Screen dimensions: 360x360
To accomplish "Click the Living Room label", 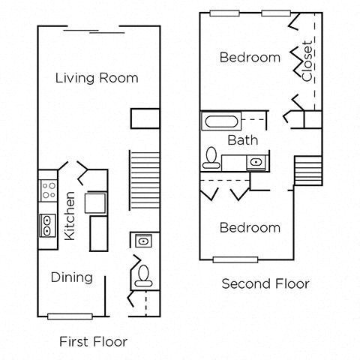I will point(97,77).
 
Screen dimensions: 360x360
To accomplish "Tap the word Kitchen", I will point(70,214).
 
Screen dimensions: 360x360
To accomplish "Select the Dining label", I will point(72,277).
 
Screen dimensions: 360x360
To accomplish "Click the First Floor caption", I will point(93,342).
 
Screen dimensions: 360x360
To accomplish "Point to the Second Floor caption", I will point(265,284).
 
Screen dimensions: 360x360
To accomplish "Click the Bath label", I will point(243,139).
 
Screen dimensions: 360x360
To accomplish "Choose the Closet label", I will point(307,61).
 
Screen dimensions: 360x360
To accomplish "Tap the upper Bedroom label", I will point(250,57).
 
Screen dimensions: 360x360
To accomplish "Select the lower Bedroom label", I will point(250,227).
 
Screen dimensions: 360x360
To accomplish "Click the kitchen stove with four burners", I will point(48,190).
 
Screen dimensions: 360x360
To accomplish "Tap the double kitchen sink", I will point(48,223).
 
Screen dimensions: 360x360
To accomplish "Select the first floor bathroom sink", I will point(143,241).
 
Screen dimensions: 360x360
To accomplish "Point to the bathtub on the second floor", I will point(221,121).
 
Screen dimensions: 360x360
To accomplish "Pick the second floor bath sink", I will point(256,161).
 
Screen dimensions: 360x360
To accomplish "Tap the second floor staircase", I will point(307,169).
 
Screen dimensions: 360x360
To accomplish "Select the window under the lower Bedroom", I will point(237,259).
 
